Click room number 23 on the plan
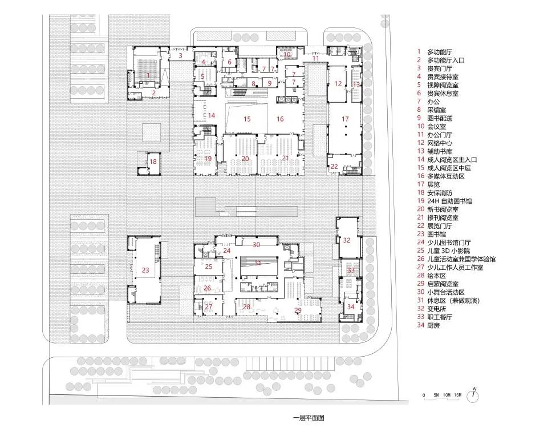click(145, 271)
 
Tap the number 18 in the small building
click(153, 162)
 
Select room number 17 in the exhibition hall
click(345, 119)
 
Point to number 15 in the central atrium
click(247, 119)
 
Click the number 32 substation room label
click(347, 240)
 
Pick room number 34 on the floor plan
click(350, 306)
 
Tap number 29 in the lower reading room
click(297, 310)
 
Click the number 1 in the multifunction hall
click(148, 75)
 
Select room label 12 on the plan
click(338, 84)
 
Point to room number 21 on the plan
click(286, 158)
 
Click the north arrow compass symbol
click(474, 394)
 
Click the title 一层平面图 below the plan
click(308, 418)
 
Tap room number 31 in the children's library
click(258, 263)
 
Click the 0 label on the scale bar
click(423, 395)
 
